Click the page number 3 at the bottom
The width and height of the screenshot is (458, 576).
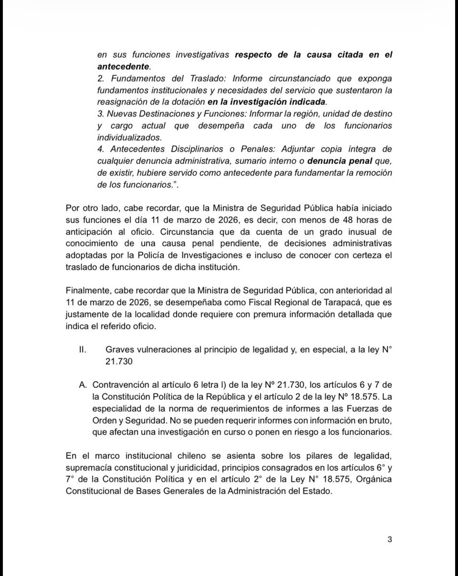pyautogui.click(x=390, y=539)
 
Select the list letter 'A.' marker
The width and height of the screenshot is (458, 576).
pyautogui.click(x=83, y=385)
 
